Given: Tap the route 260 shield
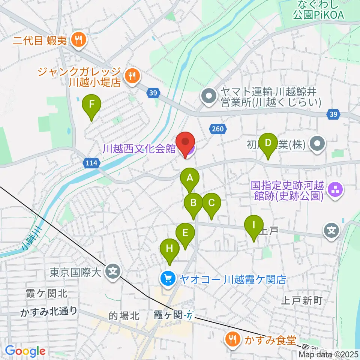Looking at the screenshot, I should (x=219, y=129).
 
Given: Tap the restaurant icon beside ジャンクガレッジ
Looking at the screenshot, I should (x=131, y=75).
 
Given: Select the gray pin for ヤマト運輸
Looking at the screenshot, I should (x=207, y=96).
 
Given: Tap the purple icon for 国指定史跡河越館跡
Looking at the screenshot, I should (x=333, y=190).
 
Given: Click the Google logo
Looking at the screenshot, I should (x=25, y=351).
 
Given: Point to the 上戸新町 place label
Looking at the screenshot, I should (x=301, y=300).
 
